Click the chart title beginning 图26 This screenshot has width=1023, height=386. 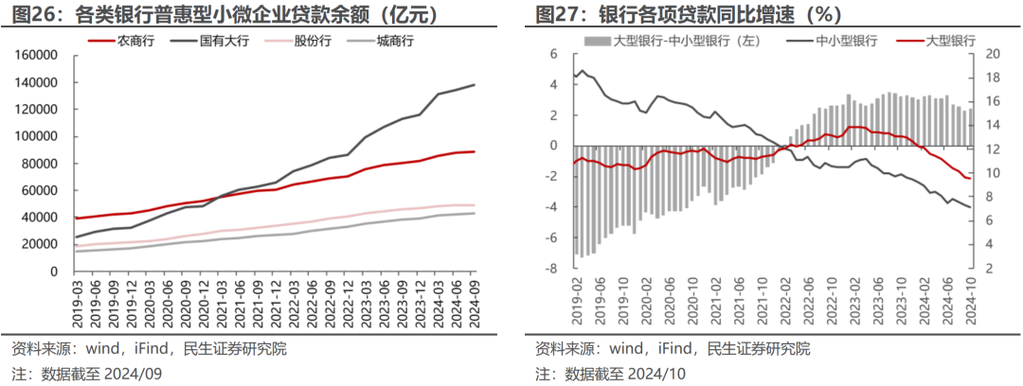pyautogui.click(x=224, y=14)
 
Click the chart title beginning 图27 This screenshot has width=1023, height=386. pyautogui.click(x=689, y=14)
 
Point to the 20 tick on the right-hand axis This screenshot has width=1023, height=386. pyautogui.click(x=989, y=54)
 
